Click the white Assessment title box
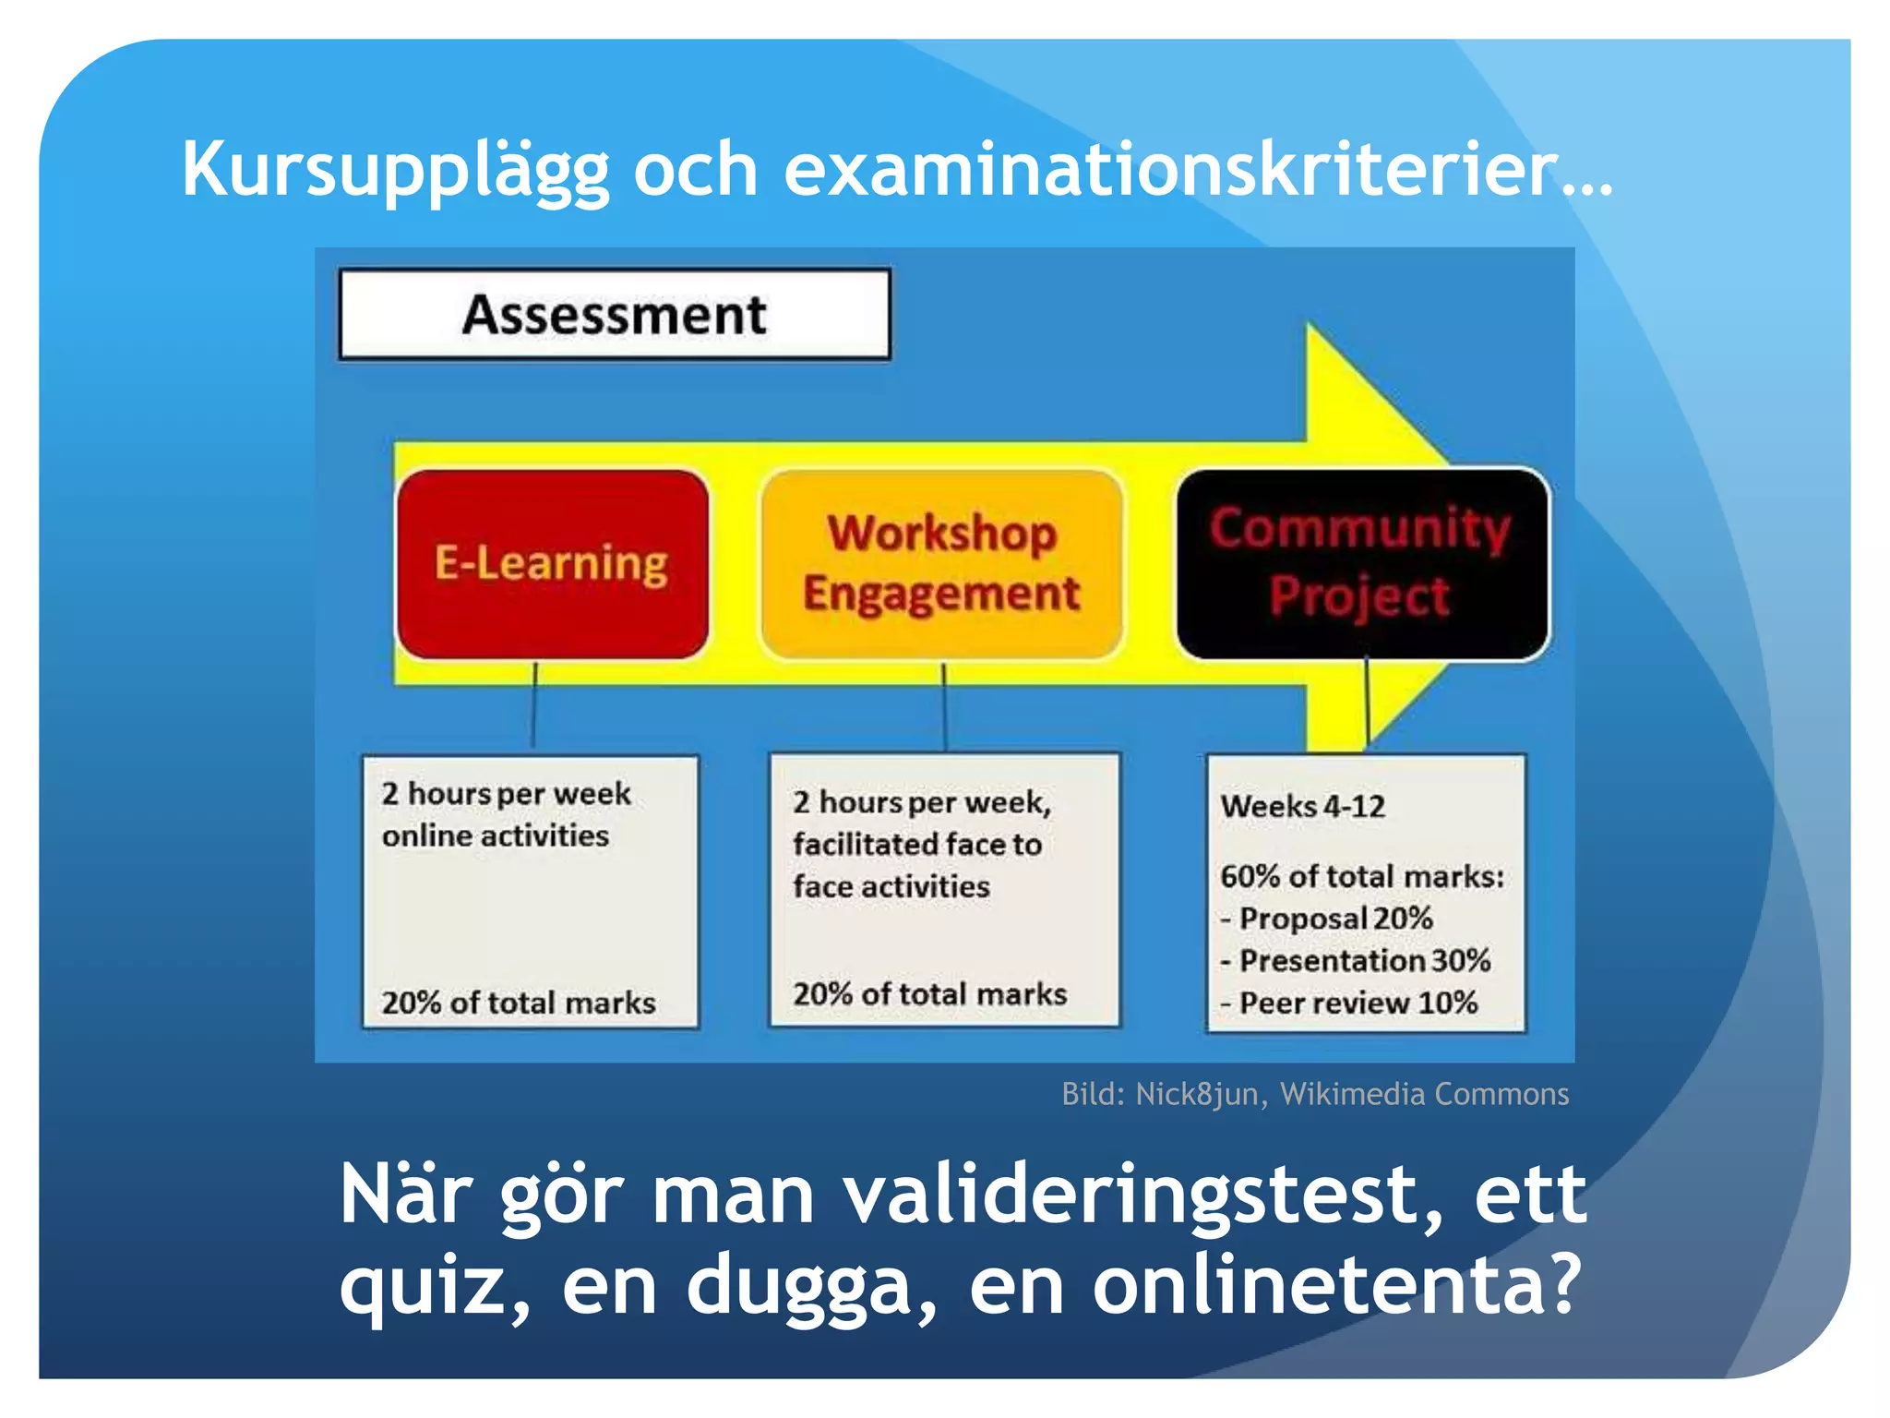pyautogui.click(x=615, y=314)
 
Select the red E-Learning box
pyautogui.click(x=552, y=563)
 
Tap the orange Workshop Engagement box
pyautogui.click(x=941, y=563)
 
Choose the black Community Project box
pyautogui.click(x=1361, y=563)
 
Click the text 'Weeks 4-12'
pyautogui.click(x=1302, y=806)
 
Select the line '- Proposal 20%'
pyautogui.click(x=1326, y=919)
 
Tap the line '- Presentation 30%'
pyautogui.click(x=1355, y=960)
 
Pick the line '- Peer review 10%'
pyautogui.click(x=1348, y=1003)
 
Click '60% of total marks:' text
pyautogui.click(x=1361, y=876)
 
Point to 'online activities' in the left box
pyautogui.click(x=496, y=835)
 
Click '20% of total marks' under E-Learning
pyautogui.click(x=519, y=1003)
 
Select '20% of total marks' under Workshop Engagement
pyautogui.click(x=929, y=993)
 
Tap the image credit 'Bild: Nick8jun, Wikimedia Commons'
pyautogui.click(x=1314, y=1094)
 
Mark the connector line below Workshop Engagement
pyautogui.click(x=944, y=706)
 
